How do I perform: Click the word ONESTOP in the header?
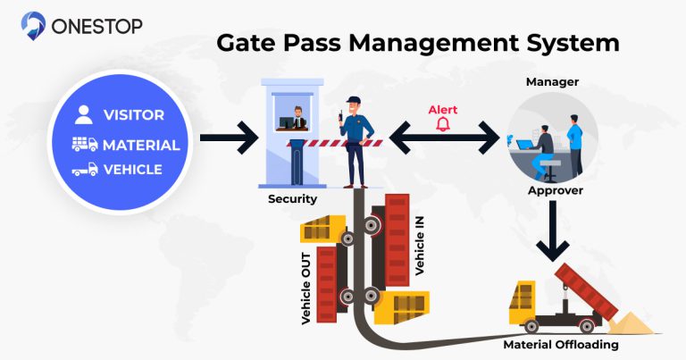point(96,24)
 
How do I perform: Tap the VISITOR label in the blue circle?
point(133,115)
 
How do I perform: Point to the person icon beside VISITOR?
point(84,114)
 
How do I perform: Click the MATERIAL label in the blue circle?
point(141,145)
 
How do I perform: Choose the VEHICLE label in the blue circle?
point(132,170)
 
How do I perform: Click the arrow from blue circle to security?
point(227,139)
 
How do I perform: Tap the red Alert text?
point(442,110)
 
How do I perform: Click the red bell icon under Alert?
point(442,125)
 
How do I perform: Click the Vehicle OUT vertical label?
point(306,289)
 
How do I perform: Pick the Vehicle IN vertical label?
point(420,244)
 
